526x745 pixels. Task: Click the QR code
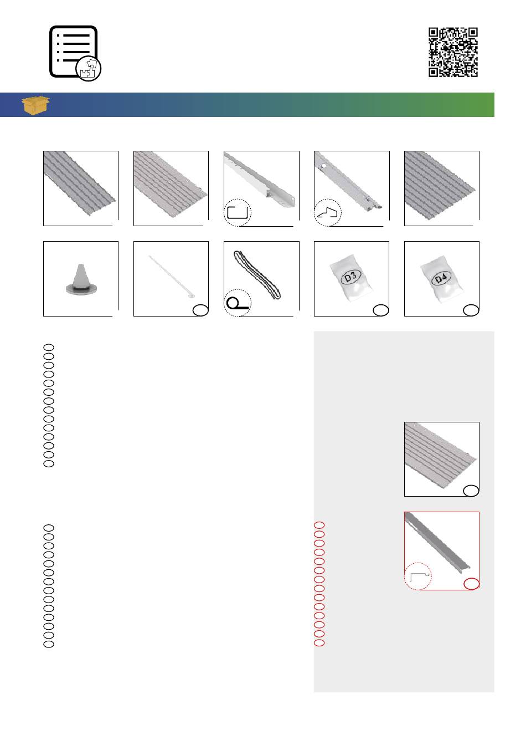453,52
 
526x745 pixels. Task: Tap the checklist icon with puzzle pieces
75,53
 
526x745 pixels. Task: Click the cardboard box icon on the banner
35,105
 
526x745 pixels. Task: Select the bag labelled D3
351,278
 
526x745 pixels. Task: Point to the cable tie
172,277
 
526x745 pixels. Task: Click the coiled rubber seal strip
257,274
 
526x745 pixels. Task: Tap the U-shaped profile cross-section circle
238,212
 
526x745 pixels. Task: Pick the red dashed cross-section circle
417,576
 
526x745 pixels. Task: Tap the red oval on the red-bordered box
472,584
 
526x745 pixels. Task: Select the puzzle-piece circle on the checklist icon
89,69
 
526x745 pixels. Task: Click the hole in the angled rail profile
324,165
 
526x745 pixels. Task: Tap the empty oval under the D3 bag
381,310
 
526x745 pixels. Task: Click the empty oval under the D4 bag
471,310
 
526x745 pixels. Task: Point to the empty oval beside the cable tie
200,310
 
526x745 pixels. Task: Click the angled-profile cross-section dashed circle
328,212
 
